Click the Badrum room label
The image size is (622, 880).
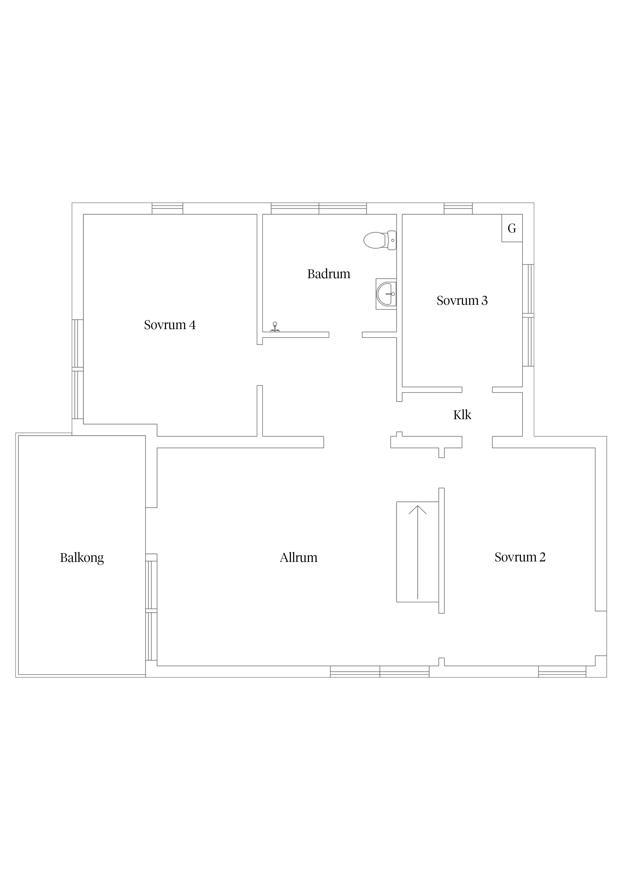click(x=329, y=274)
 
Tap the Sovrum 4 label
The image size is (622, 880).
click(x=170, y=325)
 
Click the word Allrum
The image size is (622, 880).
click(x=298, y=557)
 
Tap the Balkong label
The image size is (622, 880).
click(x=82, y=558)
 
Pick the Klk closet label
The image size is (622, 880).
click(x=462, y=415)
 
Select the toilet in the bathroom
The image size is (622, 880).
click(x=380, y=240)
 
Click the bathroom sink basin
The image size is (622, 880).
click(x=386, y=294)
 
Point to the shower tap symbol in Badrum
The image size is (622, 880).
click(x=275, y=327)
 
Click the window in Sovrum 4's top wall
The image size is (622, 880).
click(x=168, y=208)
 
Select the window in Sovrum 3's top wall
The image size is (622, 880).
click(x=458, y=208)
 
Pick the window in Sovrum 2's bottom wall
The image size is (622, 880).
click(x=562, y=672)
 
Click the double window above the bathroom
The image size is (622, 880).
click(x=319, y=208)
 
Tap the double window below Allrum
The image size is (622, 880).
click(x=380, y=672)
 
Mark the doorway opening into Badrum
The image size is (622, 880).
click(x=346, y=335)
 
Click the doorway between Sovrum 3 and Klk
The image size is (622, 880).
click(x=477, y=390)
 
